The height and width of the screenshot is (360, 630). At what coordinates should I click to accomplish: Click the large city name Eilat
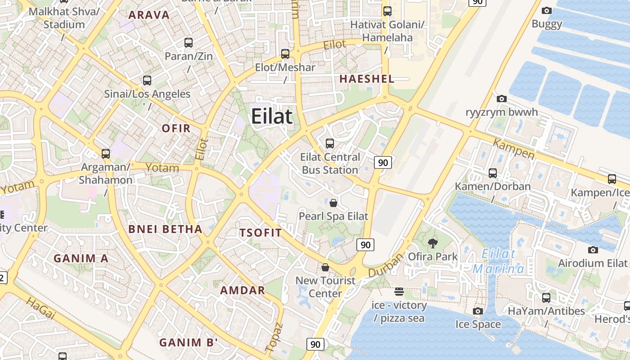click(x=272, y=116)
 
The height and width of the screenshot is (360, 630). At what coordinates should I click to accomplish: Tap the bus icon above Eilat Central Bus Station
click(x=330, y=144)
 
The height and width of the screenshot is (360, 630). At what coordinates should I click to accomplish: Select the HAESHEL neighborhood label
click(x=367, y=79)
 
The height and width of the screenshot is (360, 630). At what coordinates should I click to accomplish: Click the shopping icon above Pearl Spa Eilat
click(x=333, y=203)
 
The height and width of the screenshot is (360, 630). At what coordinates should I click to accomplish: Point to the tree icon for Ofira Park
click(x=433, y=244)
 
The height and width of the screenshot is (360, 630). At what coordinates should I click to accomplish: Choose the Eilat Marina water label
click(x=499, y=261)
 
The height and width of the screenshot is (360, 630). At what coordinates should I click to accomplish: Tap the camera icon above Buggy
click(x=547, y=10)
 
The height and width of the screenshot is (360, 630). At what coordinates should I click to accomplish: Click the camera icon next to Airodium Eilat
click(x=593, y=250)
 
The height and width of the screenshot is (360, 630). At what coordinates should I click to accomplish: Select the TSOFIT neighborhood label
click(x=261, y=233)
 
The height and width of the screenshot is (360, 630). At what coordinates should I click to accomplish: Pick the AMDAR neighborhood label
click(x=243, y=290)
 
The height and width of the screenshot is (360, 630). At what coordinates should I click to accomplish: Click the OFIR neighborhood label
click(x=176, y=128)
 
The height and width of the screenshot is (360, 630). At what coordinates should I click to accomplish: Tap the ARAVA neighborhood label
click(x=149, y=15)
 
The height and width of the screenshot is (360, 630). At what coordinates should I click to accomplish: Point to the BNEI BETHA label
click(x=166, y=229)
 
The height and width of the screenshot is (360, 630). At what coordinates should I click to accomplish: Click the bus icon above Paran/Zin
click(x=189, y=43)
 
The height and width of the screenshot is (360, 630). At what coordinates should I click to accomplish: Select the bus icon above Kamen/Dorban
click(x=493, y=173)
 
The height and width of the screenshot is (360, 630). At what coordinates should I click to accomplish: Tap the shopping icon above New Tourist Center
click(x=325, y=267)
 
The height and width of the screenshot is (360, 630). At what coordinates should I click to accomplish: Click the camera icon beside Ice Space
click(x=478, y=311)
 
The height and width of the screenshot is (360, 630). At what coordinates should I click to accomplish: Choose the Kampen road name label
click(x=514, y=149)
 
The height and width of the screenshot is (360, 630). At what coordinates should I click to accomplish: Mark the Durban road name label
click(x=386, y=266)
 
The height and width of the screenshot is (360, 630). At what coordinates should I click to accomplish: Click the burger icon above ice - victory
click(x=399, y=292)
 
